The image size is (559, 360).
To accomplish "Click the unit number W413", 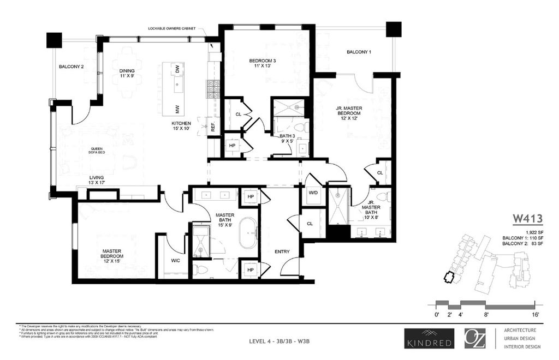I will click(x=527, y=219).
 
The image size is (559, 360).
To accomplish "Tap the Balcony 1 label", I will click(x=359, y=52).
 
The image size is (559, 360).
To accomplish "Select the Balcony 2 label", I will click(x=72, y=68).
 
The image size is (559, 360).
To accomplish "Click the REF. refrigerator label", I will click(x=213, y=128).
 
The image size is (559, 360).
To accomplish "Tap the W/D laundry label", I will click(x=314, y=193).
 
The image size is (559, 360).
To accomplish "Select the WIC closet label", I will click(x=176, y=261).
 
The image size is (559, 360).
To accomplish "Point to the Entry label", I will click(x=282, y=252).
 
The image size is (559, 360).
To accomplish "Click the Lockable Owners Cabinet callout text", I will click(x=171, y=28).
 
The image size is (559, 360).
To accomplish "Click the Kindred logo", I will click(x=429, y=338).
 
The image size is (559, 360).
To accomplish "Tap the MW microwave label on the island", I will click(x=177, y=107).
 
